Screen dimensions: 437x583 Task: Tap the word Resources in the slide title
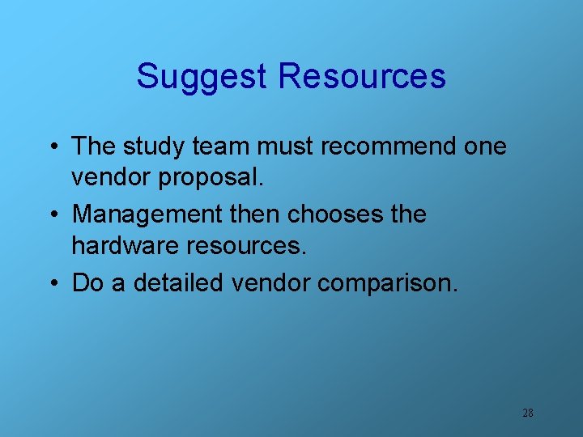362,76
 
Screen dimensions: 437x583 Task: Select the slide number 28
527,413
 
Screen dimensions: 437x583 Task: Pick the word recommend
389,146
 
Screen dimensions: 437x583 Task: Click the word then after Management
255,214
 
